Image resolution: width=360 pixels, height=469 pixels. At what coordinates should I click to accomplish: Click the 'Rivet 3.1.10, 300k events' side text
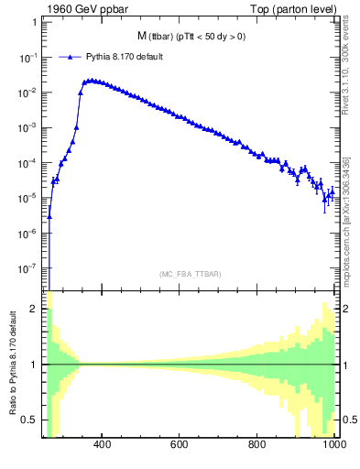click(x=347, y=73)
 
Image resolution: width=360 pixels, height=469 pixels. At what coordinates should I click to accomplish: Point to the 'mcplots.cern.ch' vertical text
click(x=347, y=238)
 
